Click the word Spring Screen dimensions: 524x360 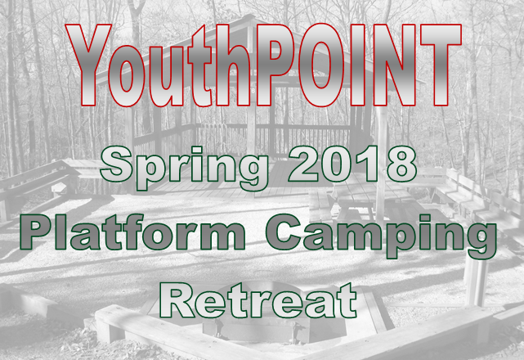tap(185, 169)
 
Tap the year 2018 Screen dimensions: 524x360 tap(353, 164)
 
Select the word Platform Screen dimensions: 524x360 tap(132, 232)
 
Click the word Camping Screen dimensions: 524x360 tap(381, 236)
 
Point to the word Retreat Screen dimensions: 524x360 tap(258, 300)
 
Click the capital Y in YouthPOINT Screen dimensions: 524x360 tap(88, 65)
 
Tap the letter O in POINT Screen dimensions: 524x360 tap(320, 65)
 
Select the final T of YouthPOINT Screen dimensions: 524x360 tap(441, 65)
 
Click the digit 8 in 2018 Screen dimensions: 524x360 tap(402, 164)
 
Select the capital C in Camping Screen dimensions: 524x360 tap(284, 232)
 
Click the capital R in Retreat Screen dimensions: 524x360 tap(177, 300)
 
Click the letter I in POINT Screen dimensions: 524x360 tap(357, 65)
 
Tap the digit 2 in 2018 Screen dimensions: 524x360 tap(303, 164)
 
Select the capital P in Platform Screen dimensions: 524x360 tap(37, 232)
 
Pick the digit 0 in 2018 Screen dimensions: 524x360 tap(337, 164)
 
